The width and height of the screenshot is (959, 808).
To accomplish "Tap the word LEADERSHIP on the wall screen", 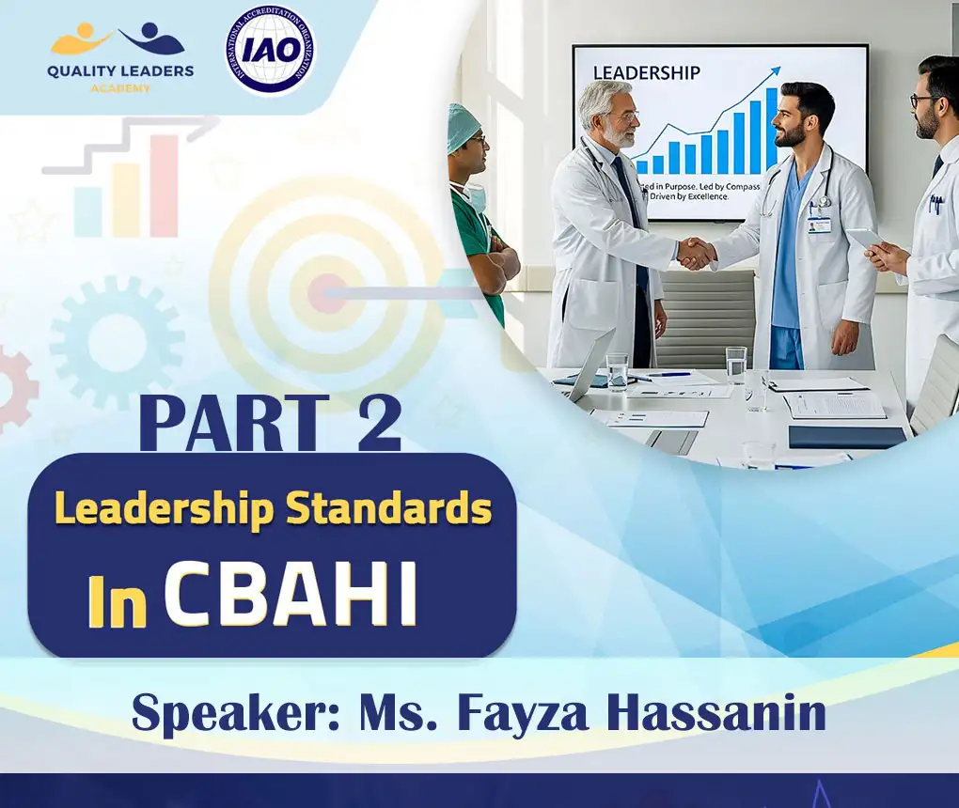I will (647, 72).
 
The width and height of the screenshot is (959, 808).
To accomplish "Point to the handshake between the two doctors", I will (696, 252).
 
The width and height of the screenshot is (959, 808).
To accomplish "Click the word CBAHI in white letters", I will (291, 596).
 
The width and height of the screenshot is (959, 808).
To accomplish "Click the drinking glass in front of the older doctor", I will (617, 368).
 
